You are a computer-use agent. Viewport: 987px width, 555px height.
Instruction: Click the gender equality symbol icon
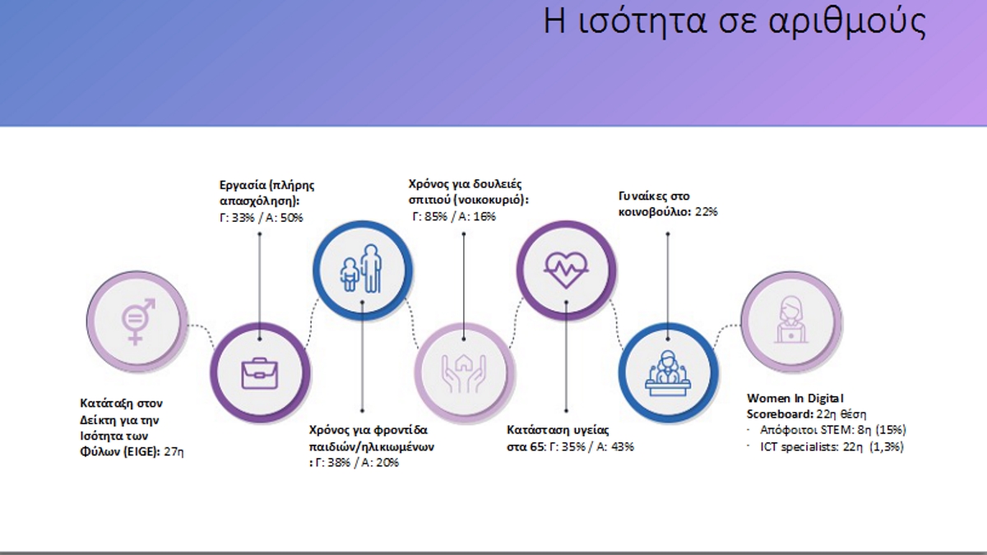137,321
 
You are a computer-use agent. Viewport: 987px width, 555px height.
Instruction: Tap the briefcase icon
260,373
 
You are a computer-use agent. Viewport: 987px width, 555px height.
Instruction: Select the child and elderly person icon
361,269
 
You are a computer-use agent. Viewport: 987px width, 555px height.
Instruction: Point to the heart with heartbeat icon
566,270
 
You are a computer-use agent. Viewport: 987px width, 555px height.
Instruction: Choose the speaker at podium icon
668,373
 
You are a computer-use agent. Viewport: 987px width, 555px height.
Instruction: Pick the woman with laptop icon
791,320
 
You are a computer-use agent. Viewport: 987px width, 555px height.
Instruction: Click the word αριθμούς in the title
847,21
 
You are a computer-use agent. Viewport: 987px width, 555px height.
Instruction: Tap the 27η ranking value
174,451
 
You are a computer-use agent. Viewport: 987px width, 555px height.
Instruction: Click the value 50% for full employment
291,218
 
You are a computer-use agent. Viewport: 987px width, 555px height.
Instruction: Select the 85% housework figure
436,216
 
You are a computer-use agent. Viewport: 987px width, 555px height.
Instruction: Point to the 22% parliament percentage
707,212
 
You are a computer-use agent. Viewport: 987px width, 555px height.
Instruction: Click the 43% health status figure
623,446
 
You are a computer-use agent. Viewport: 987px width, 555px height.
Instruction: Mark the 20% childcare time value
387,462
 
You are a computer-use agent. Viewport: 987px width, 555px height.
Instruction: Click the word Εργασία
242,185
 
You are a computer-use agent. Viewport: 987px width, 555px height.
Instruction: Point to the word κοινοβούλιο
656,212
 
